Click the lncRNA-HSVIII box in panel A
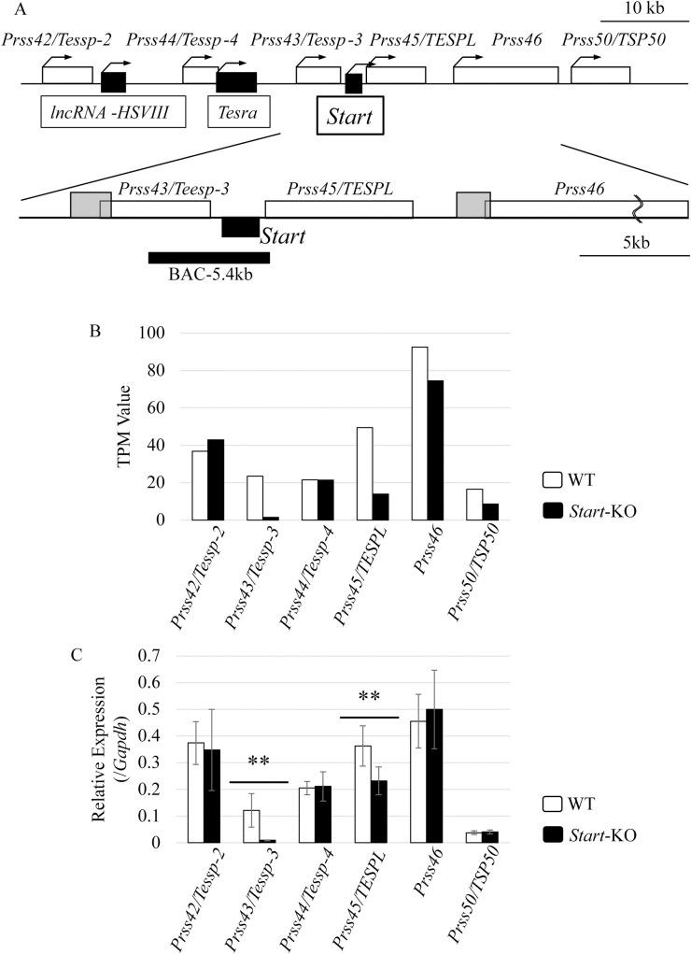(113, 114)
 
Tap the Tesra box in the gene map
(238, 114)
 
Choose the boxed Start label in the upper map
(348, 118)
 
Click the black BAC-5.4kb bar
(208, 257)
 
